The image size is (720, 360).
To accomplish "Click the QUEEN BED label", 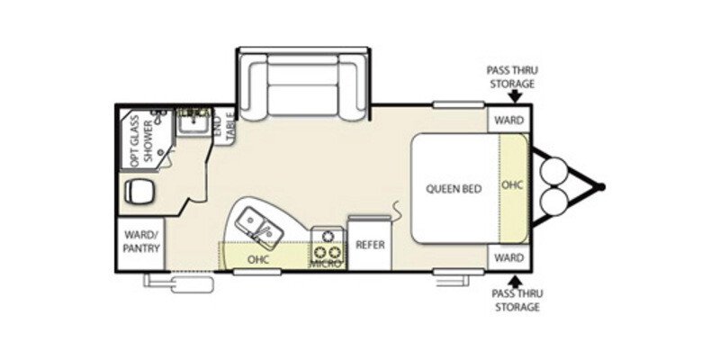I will point(454,189).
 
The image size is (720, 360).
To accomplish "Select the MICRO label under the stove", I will point(327,263).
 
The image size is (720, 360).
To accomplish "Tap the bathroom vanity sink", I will point(191,123).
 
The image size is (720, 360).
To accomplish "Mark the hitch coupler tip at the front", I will point(601,188).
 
